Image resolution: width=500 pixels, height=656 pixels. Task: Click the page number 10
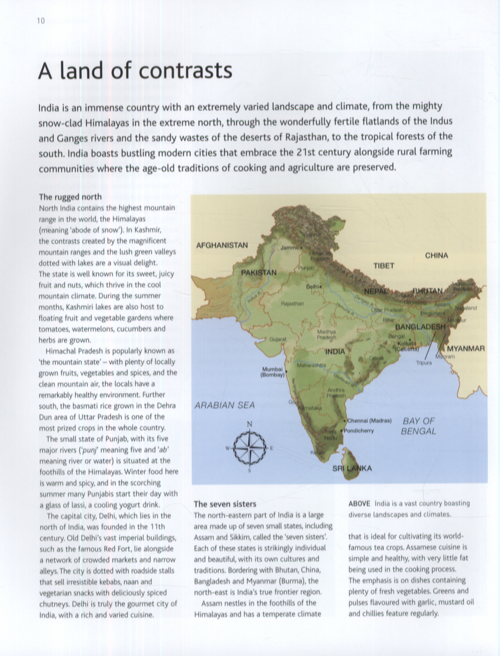click(41, 21)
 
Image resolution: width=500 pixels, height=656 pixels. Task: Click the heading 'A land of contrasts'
click(135, 71)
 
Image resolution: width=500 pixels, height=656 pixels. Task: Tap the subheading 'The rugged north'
click(70, 197)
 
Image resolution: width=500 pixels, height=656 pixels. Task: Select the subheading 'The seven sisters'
click(225, 504)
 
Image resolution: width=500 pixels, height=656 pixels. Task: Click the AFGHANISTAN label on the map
click(222, 245)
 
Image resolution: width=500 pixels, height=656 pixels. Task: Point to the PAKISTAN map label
click(259, 273)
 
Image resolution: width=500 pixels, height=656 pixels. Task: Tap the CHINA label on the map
click(436, 256)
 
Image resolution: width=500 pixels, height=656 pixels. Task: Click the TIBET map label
click(384, 266)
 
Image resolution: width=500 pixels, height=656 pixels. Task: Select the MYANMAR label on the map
click(466, 348)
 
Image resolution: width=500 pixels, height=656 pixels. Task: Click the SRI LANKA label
click(352, 469)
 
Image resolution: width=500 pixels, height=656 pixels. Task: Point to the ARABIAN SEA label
click(225, 405)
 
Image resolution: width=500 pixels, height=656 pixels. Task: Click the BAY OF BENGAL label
click(418, 426)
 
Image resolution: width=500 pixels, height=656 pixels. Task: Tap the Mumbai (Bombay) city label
click(272, 372)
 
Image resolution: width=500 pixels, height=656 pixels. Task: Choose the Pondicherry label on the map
click(359, 431)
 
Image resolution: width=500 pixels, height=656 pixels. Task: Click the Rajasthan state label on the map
click(292, 303)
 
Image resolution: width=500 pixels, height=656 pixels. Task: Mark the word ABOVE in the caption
click(359, 503)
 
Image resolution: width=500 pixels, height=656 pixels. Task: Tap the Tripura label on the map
click(424, 363)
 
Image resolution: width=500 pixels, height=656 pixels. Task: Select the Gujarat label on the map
click(278, 339)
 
